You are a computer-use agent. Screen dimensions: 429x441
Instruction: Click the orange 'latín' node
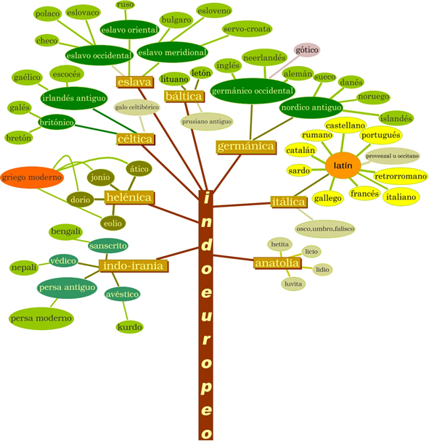click(343, 165)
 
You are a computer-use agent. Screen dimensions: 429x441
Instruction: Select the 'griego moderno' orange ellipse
click(32, 177)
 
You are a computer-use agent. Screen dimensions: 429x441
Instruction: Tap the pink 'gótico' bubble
click(307, 50)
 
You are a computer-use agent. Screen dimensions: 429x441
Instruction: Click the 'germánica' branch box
click(246, 147)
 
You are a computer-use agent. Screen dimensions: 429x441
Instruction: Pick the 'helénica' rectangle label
click(129, 197)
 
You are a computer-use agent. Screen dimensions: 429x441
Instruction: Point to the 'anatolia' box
click(277, 263)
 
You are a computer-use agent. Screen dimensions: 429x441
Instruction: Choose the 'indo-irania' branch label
click(134, 265)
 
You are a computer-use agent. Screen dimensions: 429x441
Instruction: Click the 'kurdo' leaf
click(129, 327)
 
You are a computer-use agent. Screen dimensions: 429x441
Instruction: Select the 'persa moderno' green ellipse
click(41, 318)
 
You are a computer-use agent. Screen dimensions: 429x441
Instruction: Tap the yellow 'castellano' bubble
click(346, 125)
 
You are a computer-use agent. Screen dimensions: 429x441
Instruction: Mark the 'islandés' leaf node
click(396, 118)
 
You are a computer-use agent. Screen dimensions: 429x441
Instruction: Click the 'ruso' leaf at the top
click(126, 5)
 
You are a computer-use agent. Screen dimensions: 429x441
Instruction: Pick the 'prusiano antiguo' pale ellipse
click(207, 122)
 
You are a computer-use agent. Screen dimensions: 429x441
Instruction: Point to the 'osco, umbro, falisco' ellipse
click(325, 228)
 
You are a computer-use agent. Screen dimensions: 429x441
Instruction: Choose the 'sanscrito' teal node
click(108, 246)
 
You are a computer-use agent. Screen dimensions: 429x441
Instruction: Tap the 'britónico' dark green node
click(57, 123)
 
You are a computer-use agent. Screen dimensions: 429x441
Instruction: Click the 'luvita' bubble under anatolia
click(293, 284)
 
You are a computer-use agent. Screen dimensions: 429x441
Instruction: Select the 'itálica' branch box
click(288, 202)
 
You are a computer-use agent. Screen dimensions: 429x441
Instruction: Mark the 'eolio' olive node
click(113, 223)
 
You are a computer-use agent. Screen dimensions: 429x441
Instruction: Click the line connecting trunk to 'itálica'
click(242, 205)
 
